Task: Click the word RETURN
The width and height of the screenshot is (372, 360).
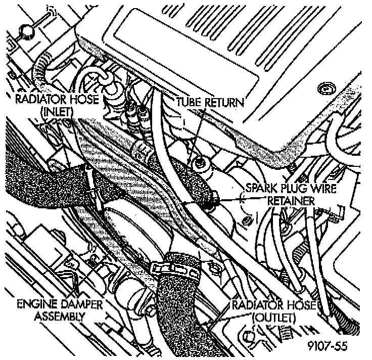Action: tap(224, 103)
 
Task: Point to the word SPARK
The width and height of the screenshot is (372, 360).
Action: tap(260, 188)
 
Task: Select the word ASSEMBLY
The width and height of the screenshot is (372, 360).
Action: tap(59, 317)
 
